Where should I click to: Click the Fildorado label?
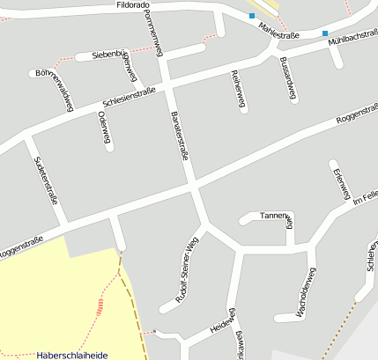[x=137, y=4]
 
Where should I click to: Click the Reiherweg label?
[x=237, y=90]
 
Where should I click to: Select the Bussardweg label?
[x=287, y=79]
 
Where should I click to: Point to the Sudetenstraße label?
[x=45, y=180]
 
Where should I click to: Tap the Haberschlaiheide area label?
[x=72, y=355]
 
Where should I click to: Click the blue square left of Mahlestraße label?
[x=252, y=16]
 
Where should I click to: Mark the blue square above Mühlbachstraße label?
[x=325, y=33]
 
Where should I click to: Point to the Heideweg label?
[x=221, y=327]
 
